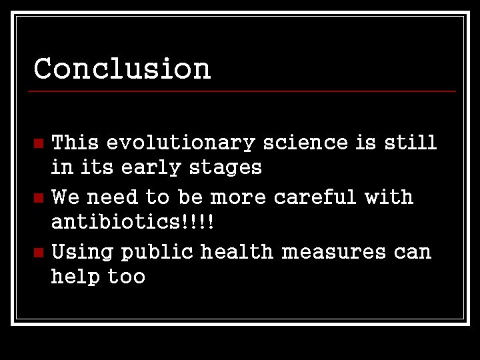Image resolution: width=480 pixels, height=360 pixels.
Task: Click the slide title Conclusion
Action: [x=122, y=68]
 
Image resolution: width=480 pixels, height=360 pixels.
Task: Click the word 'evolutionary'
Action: [x=180, y=143]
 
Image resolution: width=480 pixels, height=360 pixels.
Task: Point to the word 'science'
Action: [x=305, y=143]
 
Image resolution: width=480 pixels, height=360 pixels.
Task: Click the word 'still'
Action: [x=410, y=143]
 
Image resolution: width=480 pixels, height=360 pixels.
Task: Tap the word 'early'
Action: [x=151, y=167]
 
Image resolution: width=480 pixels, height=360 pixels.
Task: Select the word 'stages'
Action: [x=225, y=168]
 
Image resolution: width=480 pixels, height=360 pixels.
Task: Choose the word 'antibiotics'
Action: [x=114, y=221]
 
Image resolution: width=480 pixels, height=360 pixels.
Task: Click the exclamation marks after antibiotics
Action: [x=196, y=221]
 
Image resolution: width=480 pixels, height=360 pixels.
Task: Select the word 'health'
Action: [x=237, y=252]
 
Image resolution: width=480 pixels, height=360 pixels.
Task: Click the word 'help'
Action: [x=75, y=277]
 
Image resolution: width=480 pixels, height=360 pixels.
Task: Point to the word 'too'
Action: [x=127, y=277]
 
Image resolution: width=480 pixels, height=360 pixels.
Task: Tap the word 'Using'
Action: [x=82, y=253]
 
